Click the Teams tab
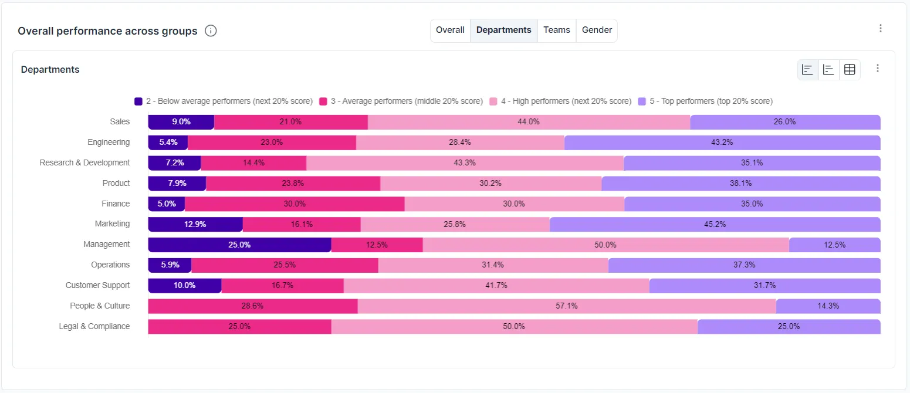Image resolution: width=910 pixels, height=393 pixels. tap(556, 30)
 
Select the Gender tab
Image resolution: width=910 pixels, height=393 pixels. tap(597, 30)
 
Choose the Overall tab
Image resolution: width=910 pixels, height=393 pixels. tap(450, 30)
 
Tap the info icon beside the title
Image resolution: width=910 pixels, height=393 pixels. tap(211, 31)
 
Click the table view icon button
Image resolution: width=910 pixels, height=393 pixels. tap(850, 69)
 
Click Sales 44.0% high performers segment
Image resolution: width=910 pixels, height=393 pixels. tap(529, 122)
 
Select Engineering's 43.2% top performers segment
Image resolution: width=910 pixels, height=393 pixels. tap(722, 143)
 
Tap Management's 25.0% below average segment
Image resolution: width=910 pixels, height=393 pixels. tap(239, 245)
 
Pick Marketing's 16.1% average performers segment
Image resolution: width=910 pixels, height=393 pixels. tap(302, 224)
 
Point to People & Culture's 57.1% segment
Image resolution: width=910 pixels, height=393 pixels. tap(567, 306)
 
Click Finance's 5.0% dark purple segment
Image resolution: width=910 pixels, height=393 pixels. tap(167, 204)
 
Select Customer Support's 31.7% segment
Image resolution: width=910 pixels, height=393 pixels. tap(764, 286)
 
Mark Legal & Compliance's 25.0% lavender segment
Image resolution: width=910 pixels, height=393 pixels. tap(789, 327)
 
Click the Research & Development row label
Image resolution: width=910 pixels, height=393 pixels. tap(84, 162)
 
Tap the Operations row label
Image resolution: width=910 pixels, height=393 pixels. tap(110, 265)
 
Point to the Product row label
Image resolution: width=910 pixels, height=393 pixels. tap(116, 183)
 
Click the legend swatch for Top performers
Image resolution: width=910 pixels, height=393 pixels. tap(642, 101)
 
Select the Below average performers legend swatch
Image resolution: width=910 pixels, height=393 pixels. tap(138, 101)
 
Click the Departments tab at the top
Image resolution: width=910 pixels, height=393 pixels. tap(503, 30)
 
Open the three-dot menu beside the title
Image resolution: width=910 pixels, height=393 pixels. tap(880, 28)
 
